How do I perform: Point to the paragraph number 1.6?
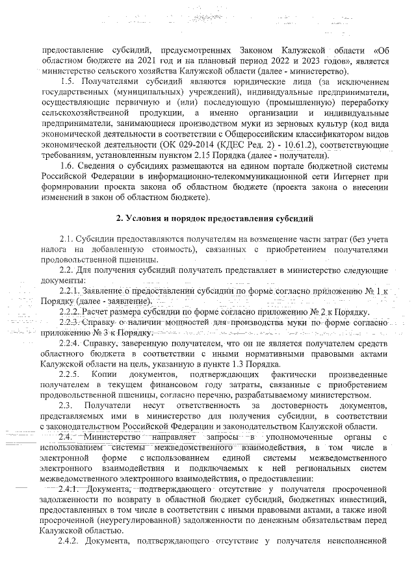pyautogui.click(x=67, y=168)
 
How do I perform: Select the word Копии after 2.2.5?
pyautogui.click(x=105, y=375)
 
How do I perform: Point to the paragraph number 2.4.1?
pyautogui.click(x=70, y=488)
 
